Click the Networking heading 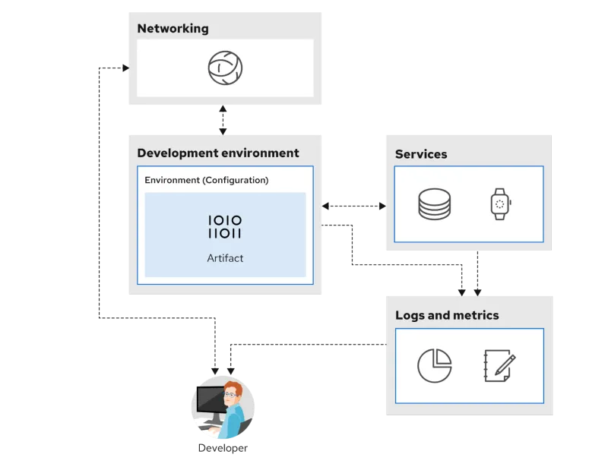coord(173,29)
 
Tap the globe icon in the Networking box coord(225,68)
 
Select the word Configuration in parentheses coord(234,180)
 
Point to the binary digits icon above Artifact coord(225,226)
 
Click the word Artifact coord(225,258)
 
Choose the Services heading coord(421,154)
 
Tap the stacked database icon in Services coord(434,204)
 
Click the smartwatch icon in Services coord(499,204)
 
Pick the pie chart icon coord(434,365)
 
